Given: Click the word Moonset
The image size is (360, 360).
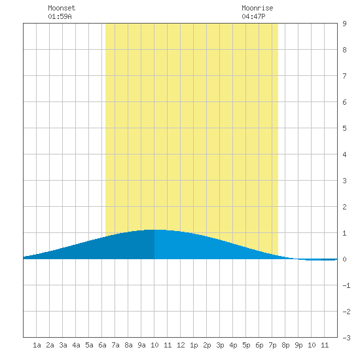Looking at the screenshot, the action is point(62,8).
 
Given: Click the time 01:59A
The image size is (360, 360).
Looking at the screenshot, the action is point(60,16).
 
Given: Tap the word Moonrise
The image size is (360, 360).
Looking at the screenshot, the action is point(257,8).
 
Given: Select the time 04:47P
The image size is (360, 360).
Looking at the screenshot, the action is point(253,16).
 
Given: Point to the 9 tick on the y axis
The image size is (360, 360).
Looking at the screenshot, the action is point(344,24).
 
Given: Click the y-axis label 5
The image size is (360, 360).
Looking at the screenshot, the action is point(344,128).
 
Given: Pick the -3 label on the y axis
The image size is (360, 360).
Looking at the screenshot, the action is point(346,338).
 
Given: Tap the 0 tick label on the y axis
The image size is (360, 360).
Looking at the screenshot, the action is point(344,259).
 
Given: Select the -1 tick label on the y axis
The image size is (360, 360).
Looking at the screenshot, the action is point(346,285).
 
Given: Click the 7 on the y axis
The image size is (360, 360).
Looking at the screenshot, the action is point(344,76).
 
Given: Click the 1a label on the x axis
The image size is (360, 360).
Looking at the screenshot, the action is point(37,345).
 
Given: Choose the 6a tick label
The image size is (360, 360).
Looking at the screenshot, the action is point(102,345).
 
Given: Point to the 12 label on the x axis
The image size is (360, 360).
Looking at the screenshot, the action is point(181,345).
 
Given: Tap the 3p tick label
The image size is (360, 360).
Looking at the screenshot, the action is point(220,345).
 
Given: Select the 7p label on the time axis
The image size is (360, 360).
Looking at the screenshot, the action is point(272,345).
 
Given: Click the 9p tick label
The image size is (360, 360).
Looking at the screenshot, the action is point(298,345).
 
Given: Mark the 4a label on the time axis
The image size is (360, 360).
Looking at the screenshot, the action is point(76,345).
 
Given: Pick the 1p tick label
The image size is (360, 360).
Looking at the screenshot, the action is point(194,345).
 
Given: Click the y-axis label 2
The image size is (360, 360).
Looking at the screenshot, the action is point(344,207).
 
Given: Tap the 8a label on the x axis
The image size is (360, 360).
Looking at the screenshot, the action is point(128,345).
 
